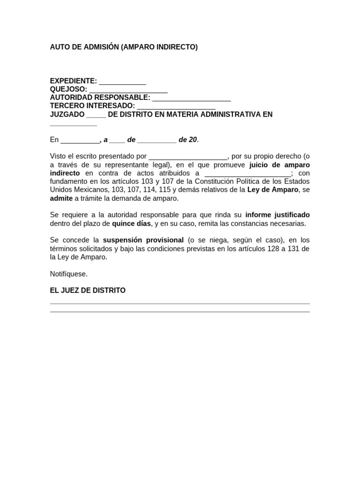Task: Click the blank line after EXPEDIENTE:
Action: tap(122, 82)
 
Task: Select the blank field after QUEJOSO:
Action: tap(128, 90)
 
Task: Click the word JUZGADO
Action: tap(67, 114)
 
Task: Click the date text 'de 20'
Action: tap(188, 140)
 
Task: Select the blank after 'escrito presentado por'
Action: tap(188, 157)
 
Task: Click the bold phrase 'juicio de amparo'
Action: tap(279, 165)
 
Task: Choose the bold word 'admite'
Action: tap(61, 198)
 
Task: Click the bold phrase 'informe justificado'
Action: tap(277, 215)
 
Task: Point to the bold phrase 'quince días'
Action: tap(131, 224)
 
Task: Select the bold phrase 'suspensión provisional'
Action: tap(143, 240)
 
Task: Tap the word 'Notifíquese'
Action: tap(69, 274)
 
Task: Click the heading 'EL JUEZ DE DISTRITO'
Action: tap(88, 291)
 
